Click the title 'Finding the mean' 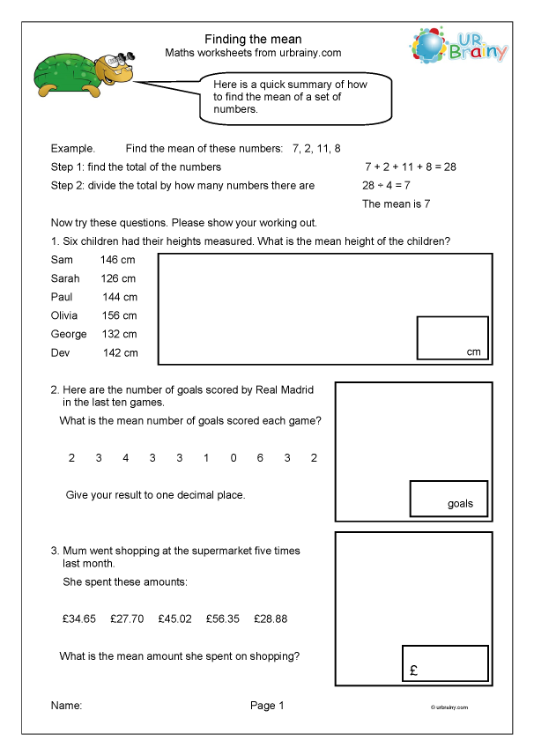(253, 40)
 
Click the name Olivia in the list (64, 315)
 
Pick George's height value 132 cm (118, 334)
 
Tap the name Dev (60, 352)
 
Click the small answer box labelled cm (452, 338)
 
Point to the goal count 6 (261, 458)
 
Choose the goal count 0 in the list (234, 458)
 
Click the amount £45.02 (174, 619)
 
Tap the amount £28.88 (271, 619)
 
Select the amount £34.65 (79, 619)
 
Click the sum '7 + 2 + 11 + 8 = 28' (410, 167)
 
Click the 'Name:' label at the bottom (66, 706)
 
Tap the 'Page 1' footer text (267, 706)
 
